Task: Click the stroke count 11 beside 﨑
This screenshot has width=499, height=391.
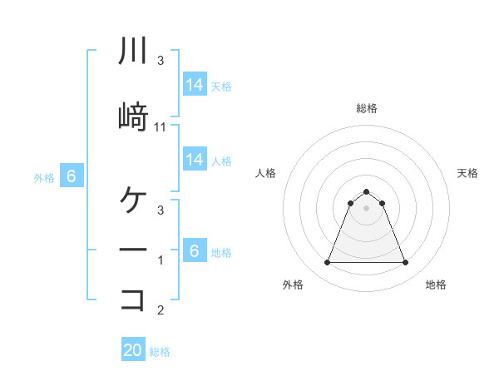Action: tap(161, 126)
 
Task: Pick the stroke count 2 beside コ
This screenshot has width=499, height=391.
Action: tap(161, 311)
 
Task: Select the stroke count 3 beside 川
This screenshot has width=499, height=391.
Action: tap(161, 61)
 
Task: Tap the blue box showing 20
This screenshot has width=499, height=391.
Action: tap(133, 350)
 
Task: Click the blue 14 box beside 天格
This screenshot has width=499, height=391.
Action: tap(195, 84)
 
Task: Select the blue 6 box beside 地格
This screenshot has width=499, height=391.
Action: tap(195, 250)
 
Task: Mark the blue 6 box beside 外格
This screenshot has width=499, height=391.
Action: tap(72, 176)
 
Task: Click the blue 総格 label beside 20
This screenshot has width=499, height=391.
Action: tap(160, 352)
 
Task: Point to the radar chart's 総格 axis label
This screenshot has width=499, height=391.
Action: tap(367, 108)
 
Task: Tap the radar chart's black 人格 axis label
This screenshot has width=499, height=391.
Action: tap(266, 173)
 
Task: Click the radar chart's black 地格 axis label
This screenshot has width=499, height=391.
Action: tap(436, 285)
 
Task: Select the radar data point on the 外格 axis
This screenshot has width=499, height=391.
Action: tap(327, 263)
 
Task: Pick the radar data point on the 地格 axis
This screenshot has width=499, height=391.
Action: tap(405, 263)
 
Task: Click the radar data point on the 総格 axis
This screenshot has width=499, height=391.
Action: tap(366, 191)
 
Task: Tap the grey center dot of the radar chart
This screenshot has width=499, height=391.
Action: tap(366, 207)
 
